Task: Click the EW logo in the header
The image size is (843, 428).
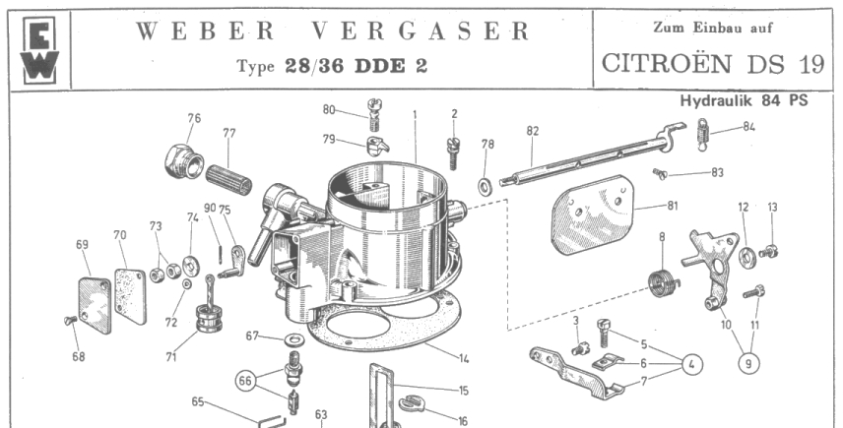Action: [40, 50]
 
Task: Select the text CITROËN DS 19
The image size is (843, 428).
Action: [712, 64]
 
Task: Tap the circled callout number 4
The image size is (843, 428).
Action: [692, 365]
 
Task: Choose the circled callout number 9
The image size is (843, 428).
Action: [748, 364]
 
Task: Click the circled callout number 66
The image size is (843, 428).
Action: [245, 381]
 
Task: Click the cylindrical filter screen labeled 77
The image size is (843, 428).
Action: [229, 180]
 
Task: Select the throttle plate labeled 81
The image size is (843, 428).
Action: [591, 214]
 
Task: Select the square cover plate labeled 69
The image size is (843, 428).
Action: [95, 304]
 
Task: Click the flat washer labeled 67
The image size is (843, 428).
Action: [291, 339]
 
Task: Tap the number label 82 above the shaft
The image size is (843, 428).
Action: [532, 131]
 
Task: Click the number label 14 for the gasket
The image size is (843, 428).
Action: [464, 358]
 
